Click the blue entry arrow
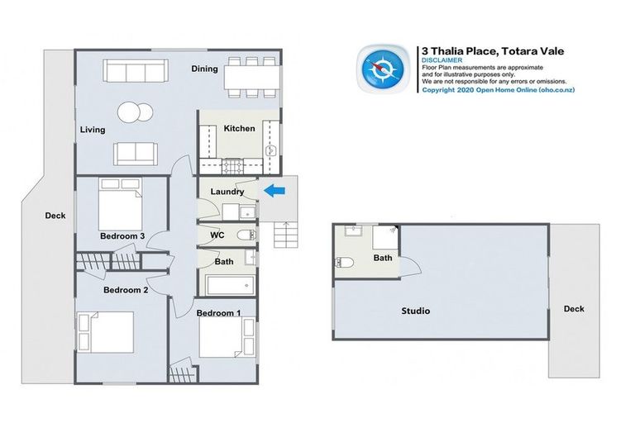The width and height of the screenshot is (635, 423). click(274, 192)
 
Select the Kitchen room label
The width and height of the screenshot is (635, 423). click(239, 129)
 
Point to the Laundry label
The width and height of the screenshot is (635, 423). click(227, 192)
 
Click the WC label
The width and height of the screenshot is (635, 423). click(217, 235)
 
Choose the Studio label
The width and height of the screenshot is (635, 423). click(416, 311)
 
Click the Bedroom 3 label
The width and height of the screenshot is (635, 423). click(122, 236)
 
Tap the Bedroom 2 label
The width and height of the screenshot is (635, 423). click(126, 291)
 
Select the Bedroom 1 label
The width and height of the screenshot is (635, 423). click(218, 312)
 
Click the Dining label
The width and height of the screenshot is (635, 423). click(204, 69)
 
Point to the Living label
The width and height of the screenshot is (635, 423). click(93, 130)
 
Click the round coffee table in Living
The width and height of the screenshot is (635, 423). click(133, 112)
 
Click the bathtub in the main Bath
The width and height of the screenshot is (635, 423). click(230, 286)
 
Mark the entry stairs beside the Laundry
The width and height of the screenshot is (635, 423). click(284, 236)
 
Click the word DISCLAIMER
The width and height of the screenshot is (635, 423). click(438, 60)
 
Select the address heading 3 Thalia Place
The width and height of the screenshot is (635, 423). click(493, 50)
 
